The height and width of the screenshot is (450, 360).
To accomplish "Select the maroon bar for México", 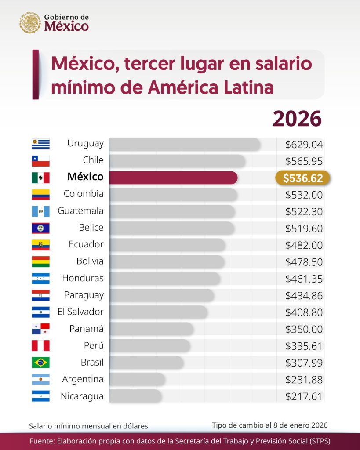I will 173,178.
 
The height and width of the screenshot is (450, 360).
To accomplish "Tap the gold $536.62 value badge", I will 303,178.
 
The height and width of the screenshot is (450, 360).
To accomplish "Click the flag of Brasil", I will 40,363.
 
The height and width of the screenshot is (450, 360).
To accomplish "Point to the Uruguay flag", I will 40,144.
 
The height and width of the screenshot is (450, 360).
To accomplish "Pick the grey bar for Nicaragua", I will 135,396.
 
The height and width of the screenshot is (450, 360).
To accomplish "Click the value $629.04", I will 304,144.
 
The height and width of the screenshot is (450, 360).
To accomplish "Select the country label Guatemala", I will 80,211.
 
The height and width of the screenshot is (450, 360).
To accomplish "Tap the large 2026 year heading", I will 297,119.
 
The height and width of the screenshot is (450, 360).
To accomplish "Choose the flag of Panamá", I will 40,329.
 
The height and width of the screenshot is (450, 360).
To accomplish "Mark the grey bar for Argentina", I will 137,379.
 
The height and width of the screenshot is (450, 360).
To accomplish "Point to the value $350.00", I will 304,329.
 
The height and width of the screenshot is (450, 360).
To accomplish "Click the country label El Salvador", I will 80,312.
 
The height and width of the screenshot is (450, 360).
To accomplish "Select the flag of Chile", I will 40,161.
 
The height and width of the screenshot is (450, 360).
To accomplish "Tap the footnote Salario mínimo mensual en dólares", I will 88,426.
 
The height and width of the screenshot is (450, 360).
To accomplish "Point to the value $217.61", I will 304,396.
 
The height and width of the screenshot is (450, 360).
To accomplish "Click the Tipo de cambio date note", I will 269,425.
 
